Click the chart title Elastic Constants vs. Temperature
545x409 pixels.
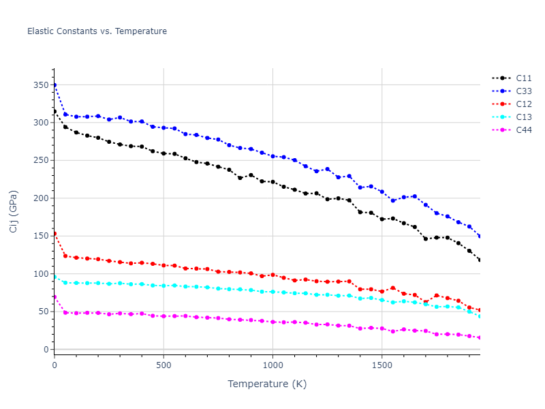tap(97, 31)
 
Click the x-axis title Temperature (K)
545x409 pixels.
tap(267, 384)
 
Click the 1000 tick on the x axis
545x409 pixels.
tap(272, 365)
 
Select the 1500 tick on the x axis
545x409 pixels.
tap(381, 365)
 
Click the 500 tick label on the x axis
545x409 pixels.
tap(163, 365)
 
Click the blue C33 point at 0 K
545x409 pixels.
tap(54, 85)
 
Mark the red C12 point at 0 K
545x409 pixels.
tap(54, 233)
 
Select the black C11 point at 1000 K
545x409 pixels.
tap(272, 182)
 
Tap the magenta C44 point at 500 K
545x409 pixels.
tap(163, 316)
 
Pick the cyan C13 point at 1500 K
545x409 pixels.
tap(381, 300)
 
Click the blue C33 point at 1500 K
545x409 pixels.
tap(381, 192)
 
